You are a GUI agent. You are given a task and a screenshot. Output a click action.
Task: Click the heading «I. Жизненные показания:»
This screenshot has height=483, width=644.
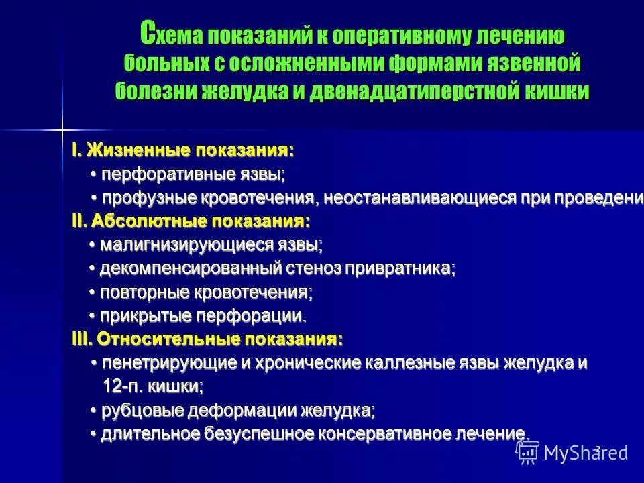coord(182,151)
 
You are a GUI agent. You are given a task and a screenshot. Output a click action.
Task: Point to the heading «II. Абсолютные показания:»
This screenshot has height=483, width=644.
coord(191,221)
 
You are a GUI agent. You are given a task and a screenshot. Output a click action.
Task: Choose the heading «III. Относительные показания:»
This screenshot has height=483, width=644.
coord(207,339)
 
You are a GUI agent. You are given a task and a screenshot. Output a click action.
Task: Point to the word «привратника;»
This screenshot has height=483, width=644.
coord(400,269)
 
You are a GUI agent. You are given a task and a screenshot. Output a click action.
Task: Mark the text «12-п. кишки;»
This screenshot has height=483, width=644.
coord(153,386)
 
